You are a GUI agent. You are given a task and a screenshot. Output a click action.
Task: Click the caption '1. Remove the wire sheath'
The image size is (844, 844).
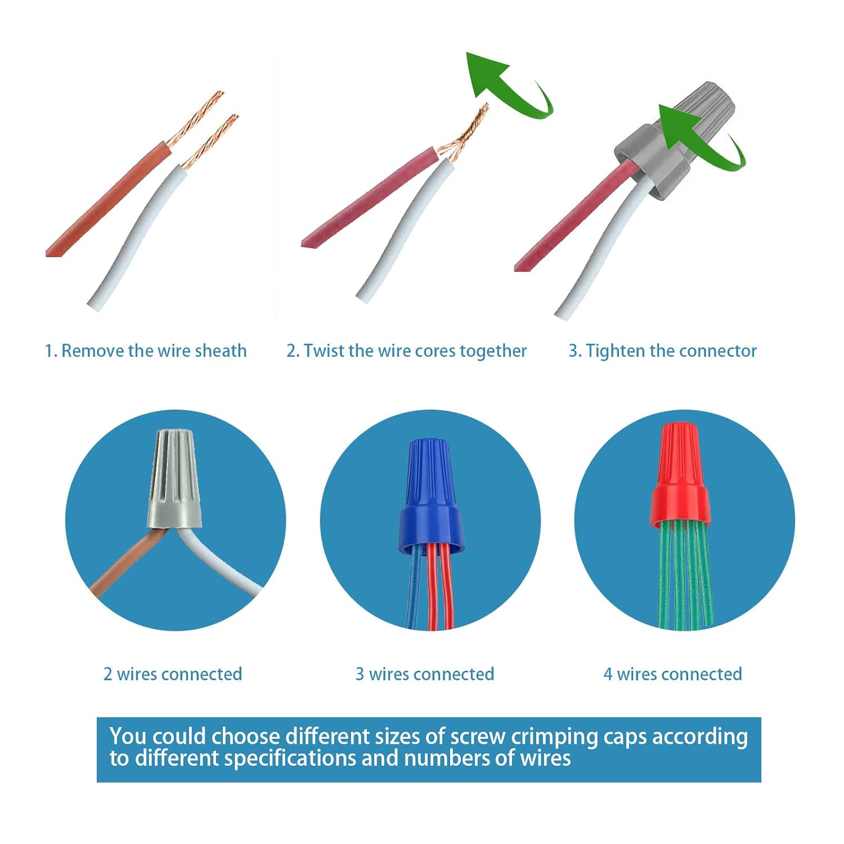click(146, 351)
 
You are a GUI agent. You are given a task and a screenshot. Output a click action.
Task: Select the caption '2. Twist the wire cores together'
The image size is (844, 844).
click(406, 351)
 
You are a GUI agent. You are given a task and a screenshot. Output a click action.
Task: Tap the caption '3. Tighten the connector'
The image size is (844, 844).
click(662, 351)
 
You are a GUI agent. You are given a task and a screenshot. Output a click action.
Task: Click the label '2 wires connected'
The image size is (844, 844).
click(173, 674)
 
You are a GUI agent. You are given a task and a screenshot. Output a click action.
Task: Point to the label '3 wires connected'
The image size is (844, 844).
click(425, 674)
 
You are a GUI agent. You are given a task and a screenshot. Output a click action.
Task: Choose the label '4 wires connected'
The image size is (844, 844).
click(673, 674)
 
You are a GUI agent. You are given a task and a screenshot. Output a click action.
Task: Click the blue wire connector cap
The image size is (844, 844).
click(431, 495)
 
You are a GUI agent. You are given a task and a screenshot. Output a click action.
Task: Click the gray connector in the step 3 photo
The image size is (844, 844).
click(675, 141)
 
